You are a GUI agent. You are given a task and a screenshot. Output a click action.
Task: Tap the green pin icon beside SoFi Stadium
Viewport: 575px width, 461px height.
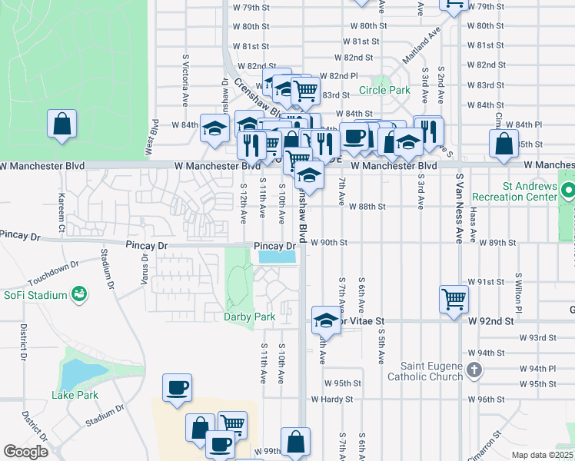click(78, 294)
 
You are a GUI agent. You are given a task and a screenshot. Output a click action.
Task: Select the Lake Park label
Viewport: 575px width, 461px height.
click(75, 395)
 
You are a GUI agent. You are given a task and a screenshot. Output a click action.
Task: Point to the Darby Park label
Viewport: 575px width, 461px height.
click(249, 317)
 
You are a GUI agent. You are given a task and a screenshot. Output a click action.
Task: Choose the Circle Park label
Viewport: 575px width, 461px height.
click(384, 90)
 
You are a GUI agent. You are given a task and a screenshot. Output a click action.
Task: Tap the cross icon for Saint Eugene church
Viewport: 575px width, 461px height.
click(474, 370)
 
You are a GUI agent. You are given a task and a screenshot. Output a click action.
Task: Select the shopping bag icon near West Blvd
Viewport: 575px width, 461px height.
click(61, 124)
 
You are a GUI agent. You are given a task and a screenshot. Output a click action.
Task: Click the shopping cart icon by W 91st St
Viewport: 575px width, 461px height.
click(454, 299)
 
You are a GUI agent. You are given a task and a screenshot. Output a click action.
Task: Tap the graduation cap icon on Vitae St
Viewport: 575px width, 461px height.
click(326, 320)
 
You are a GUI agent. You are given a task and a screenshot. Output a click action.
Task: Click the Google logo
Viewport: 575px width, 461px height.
click(25, 452)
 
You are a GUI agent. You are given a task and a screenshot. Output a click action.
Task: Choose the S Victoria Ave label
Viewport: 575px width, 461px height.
click(185, 80)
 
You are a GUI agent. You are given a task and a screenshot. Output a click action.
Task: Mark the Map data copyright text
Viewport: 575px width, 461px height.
click(542, 455)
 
